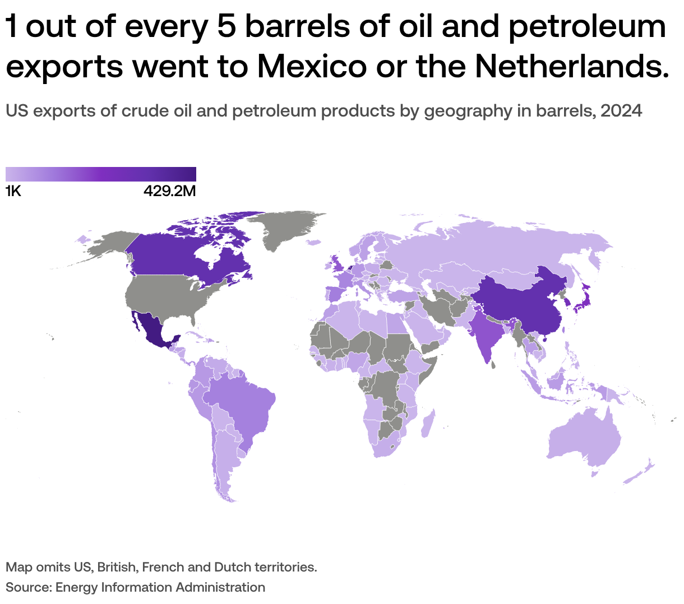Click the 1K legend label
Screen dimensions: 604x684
[13, 192]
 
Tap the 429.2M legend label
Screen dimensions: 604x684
[169, 192]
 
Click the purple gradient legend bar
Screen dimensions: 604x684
[101, 174]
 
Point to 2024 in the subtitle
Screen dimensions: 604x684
[621, 111]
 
